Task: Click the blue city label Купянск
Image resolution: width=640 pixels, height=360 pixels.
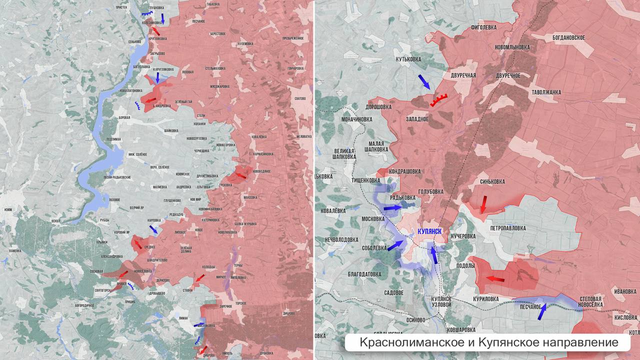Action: pos(429,231)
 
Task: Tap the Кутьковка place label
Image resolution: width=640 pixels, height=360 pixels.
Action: pos(408,59)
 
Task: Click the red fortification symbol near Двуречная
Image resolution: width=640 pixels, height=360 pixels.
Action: pos(438,100)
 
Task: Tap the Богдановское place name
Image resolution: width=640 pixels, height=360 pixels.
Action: pos(568,37)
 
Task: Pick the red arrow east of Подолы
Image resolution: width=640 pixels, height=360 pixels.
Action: pos(495,278)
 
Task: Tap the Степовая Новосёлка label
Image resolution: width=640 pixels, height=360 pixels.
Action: pos(590,301)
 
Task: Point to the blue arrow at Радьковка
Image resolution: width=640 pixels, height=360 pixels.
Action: pos(393,207)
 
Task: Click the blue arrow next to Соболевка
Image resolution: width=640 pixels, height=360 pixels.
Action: pos(395,245)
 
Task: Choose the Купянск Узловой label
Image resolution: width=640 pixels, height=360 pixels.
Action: pos(441,301)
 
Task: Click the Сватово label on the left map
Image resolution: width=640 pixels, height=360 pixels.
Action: pos(300,98)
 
